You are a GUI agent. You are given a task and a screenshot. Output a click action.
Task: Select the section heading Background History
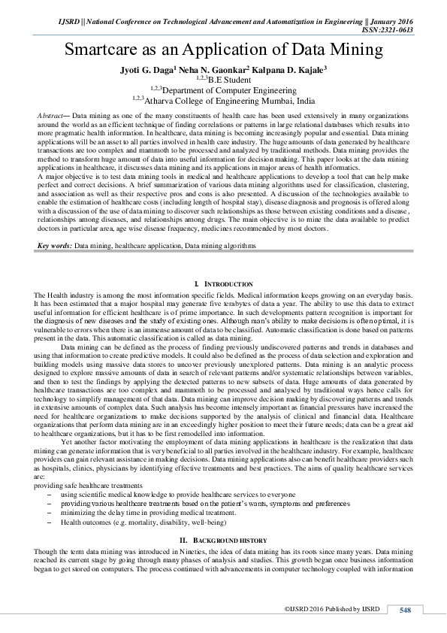click(223, 541)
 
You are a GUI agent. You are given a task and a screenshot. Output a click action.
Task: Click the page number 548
click(405, 609)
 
